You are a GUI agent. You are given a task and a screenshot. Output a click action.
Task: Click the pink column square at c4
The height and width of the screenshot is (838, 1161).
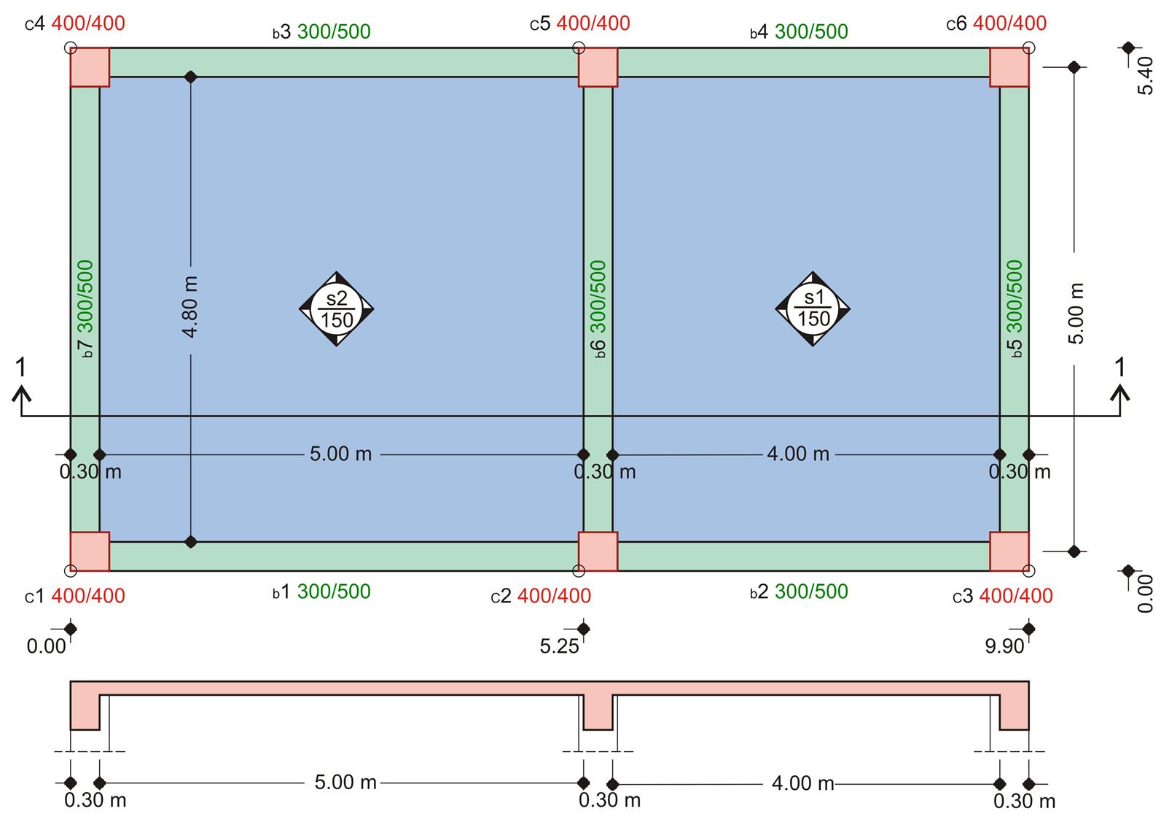click(x=90, y=67)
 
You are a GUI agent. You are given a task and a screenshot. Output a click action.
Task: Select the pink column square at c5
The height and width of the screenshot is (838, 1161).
click(x=598, y=67)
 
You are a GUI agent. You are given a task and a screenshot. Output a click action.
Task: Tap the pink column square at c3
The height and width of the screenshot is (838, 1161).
click(x=1009, y=551)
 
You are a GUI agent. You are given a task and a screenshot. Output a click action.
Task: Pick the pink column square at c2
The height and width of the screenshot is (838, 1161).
click(x=598, y=551)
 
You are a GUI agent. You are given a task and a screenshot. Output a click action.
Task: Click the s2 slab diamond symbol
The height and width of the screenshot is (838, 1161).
click(x=337, y=309)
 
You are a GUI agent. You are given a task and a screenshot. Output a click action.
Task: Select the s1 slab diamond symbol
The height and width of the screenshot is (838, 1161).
click(x=813, y=309)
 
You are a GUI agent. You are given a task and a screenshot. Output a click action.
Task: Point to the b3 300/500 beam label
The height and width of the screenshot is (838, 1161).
click(x=322, y=31)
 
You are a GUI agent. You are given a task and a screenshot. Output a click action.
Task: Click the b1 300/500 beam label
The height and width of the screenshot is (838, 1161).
click(x=322, y=591)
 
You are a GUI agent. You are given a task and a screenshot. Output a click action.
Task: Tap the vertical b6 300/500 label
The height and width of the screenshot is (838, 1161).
click(x=598, y=309)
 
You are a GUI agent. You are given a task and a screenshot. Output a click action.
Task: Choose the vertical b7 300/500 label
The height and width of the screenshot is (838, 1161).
click(x=85, y=309)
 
